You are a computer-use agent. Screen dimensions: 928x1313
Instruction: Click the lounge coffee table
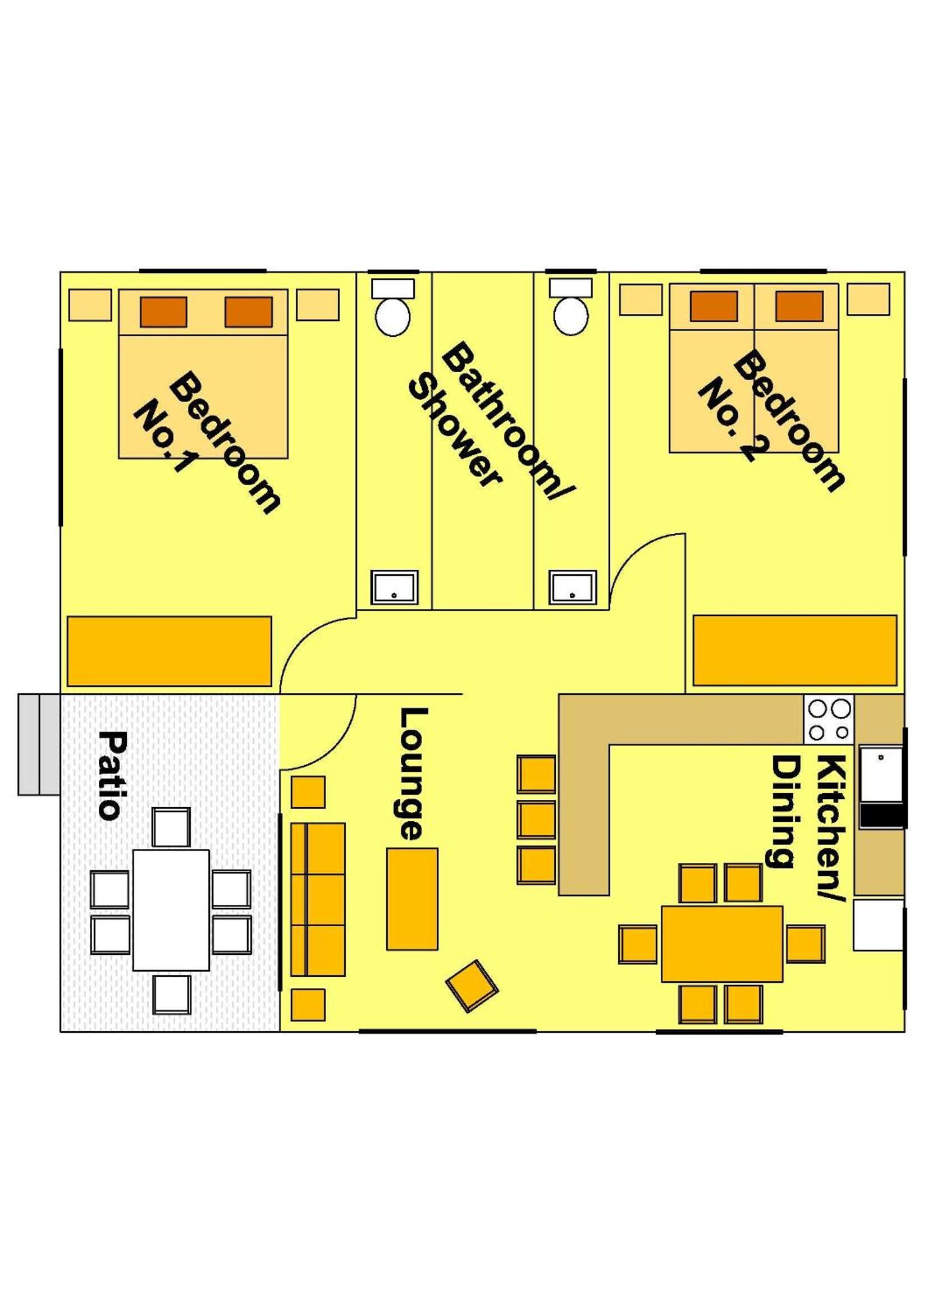[x=412, y=899]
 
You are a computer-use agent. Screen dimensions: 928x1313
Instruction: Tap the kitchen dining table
[x=722, y=944]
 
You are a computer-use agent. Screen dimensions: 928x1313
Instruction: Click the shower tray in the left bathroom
[x=395, y=587]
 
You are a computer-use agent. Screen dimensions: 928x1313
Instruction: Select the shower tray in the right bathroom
[x=573, y=587]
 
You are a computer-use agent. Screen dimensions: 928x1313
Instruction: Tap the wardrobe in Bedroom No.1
[x=169, y=651]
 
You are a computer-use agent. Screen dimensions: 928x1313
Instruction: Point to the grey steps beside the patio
[x=39, y=744]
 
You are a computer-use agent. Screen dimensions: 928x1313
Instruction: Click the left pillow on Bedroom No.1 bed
[x=163, y=312]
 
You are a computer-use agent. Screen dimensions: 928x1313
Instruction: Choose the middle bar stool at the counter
[x=536, y=820]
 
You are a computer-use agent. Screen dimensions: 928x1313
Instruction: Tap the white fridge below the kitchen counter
[x=878, y=925]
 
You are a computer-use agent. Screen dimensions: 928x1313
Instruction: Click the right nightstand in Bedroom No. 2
[x=868, y=300]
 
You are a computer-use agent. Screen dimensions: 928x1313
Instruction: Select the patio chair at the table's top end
[x=172, y=827]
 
